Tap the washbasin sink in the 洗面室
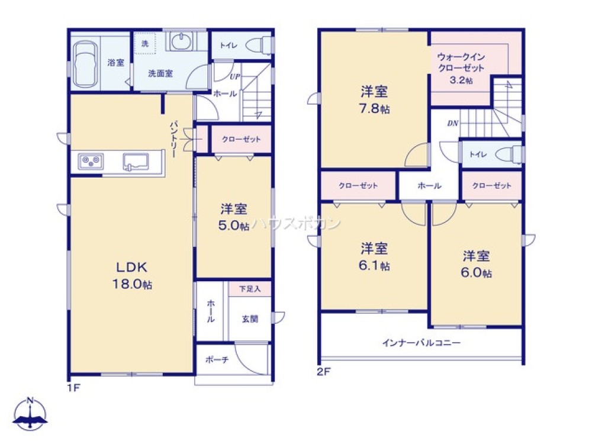179,42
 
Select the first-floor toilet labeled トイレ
258,45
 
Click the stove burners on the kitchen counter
91,161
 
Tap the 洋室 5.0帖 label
234,217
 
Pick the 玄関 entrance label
249,318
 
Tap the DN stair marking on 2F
453,124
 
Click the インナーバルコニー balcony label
421,342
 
